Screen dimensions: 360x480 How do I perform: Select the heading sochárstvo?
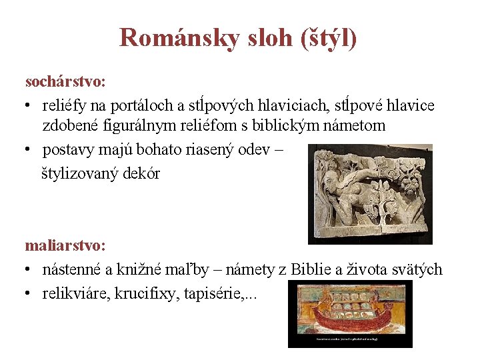(65, 82)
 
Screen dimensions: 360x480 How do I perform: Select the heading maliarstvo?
(65, 245)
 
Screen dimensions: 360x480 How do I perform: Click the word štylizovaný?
(83, 174)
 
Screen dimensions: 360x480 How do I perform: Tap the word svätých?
(417, 269)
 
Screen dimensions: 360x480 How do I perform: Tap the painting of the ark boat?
(350, 314)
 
